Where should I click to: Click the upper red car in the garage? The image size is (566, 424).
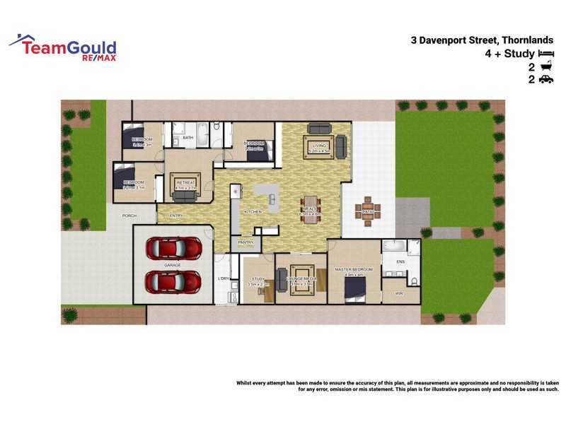point(173,247)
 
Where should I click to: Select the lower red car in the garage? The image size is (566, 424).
point(173,282)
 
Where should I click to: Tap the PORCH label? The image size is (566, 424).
point(129,216)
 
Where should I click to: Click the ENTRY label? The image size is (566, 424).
point(176,216)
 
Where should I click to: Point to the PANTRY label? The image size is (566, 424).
point(246,242)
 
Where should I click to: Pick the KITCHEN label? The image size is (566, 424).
point(253,212)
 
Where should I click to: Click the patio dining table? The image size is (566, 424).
point(368,211)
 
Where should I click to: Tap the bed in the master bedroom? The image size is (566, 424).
point(354,289)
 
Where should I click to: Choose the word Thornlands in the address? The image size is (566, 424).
point(524,40)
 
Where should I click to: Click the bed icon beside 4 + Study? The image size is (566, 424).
point(545,53)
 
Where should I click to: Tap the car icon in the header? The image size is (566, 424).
point(545,80)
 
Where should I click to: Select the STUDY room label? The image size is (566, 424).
point(258,279)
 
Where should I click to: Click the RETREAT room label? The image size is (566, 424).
point(185,183)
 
